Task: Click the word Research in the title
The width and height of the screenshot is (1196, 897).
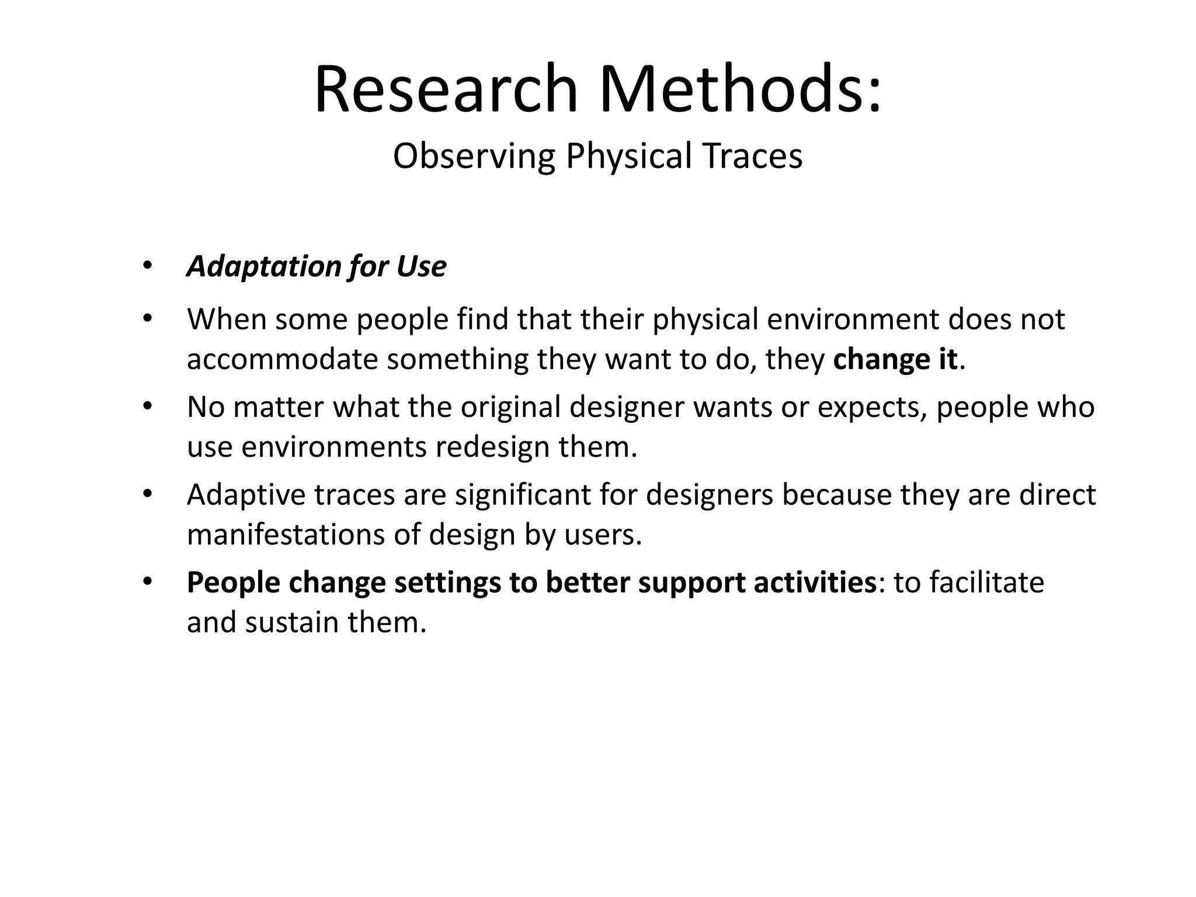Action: click(x=446, y=89)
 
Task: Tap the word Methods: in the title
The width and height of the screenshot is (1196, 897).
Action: click(x=740, y=89)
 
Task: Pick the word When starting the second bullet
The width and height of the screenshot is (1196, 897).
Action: click(x=227, y=319)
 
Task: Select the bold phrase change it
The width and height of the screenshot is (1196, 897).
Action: click(x=895, y=359)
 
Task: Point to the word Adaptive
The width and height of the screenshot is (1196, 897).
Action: click(x=246, y=495)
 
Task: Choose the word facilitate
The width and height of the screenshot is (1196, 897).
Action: click(x=986, y=582)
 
